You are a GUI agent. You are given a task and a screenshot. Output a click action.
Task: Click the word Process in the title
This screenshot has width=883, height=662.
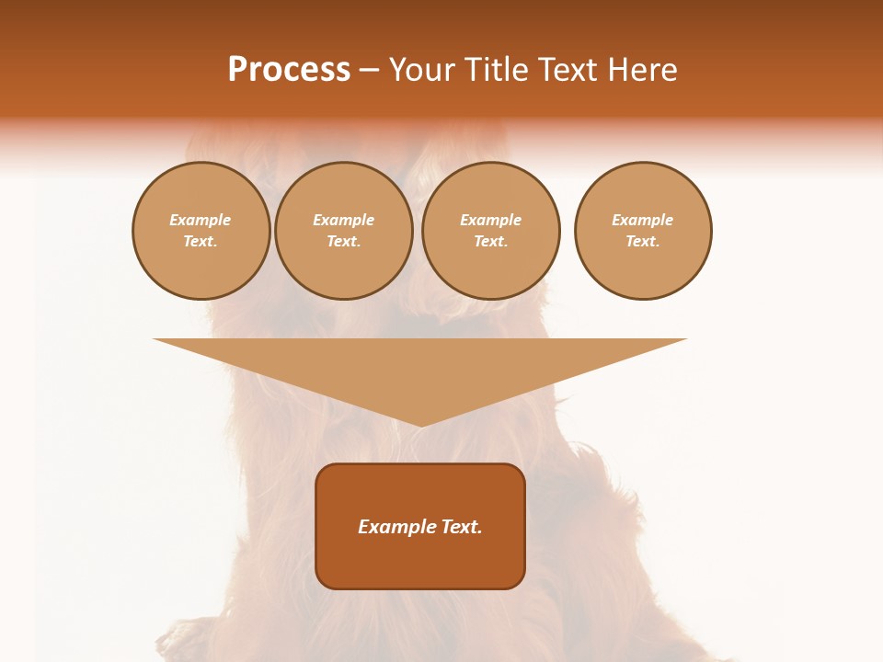point(289,70)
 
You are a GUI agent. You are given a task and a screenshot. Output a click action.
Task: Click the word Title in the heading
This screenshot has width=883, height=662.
point(496,70)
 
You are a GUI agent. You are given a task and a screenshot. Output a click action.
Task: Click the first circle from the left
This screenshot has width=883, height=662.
point(201,231)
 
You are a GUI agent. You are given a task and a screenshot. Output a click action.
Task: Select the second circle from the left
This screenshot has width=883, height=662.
point(343,231)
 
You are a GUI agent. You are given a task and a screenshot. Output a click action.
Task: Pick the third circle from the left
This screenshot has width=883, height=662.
point(490,231)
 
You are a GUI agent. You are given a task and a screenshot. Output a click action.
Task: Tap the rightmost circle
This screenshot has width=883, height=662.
point(642,231)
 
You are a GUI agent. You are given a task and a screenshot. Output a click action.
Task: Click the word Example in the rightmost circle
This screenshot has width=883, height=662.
point(642,220)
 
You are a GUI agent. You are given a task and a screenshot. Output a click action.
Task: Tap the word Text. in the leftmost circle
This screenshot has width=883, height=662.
point(201,242)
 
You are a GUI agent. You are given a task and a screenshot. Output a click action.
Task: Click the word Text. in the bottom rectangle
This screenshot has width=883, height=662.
point(463,527)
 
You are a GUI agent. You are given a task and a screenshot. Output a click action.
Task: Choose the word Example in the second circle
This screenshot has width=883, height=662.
point(343,220)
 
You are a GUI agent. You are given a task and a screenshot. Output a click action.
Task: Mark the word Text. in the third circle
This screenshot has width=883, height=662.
point(490,242)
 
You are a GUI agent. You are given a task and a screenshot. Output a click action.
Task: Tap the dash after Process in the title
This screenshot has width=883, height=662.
point(369,71)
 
